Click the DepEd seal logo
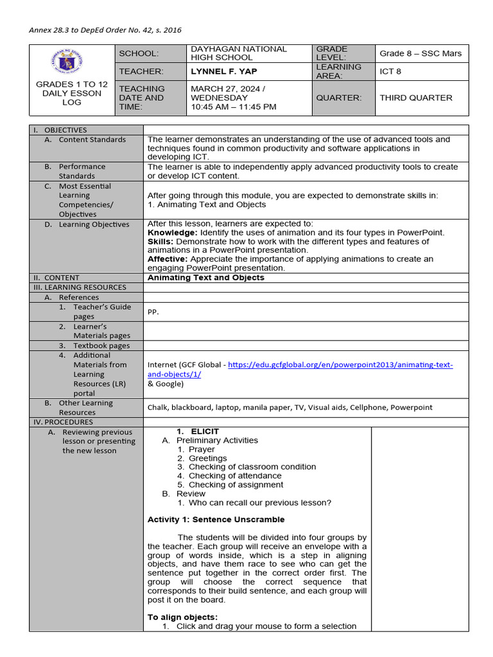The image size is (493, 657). point(72,62)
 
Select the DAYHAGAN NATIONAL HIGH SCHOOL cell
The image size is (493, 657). point(239,53)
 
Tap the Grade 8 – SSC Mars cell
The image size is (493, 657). point(420,53)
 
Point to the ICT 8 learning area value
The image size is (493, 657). point(390,71)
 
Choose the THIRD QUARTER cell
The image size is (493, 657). point(415,98)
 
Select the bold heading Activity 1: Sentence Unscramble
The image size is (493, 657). point(216,519)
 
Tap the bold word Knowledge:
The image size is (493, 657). point(173,232)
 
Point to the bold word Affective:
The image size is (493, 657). point(168,259)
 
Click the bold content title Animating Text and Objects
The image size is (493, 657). point(205,278)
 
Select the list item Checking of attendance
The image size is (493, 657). point(235,476)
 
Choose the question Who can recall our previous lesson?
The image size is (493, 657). point(260,503)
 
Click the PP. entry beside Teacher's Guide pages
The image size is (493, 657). point(153,312)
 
